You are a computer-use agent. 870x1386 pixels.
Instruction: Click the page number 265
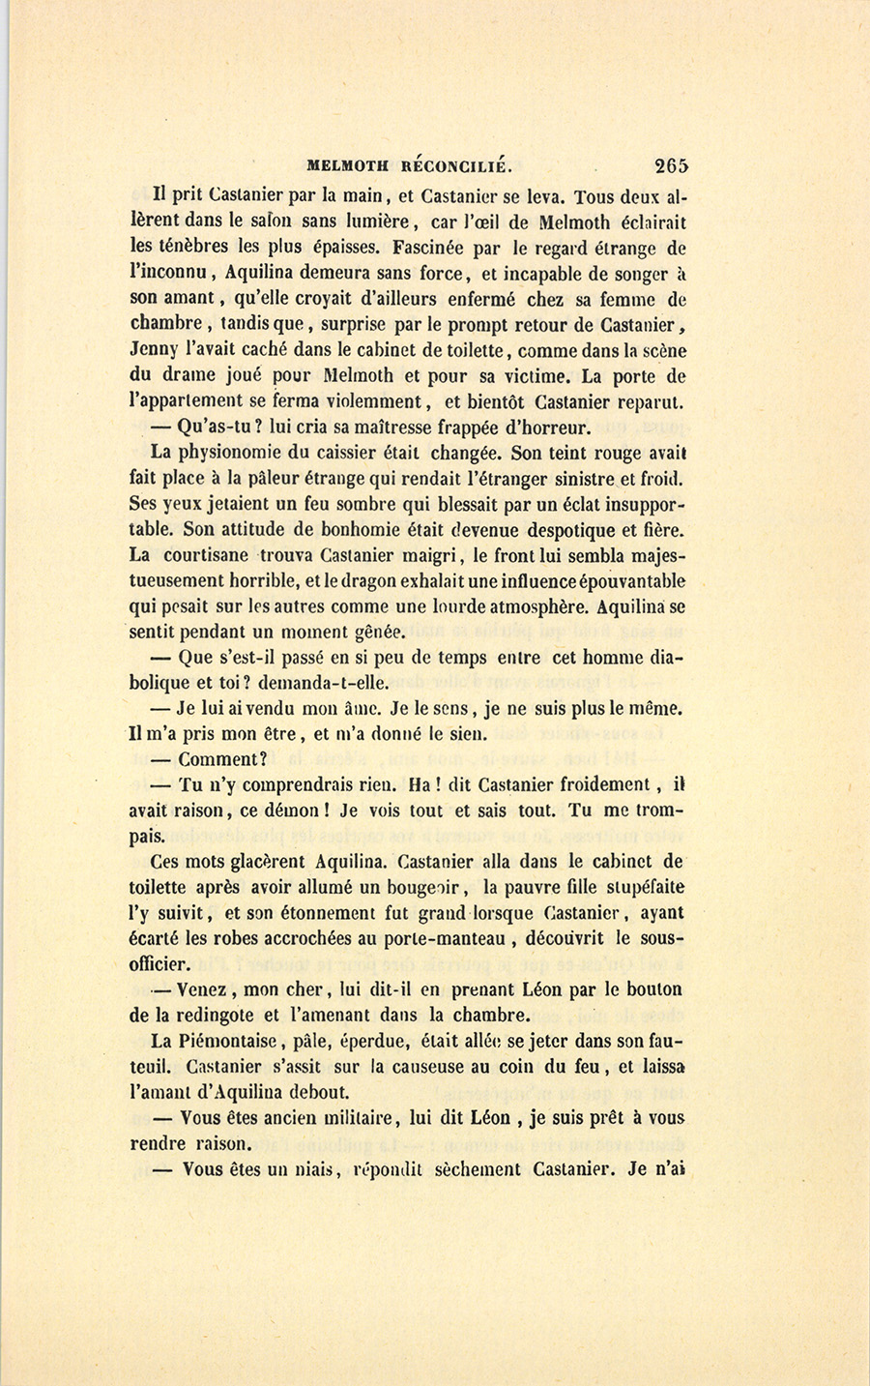(671, 164)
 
